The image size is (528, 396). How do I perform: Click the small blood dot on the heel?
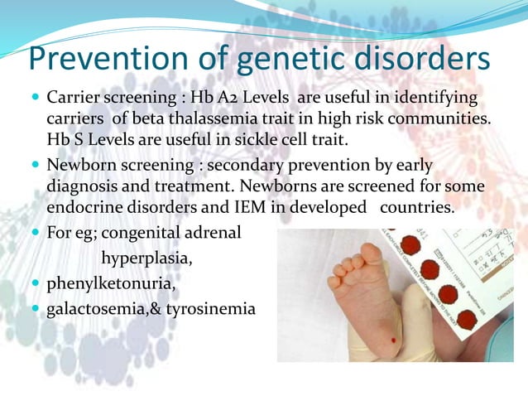tap(392, 340)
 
